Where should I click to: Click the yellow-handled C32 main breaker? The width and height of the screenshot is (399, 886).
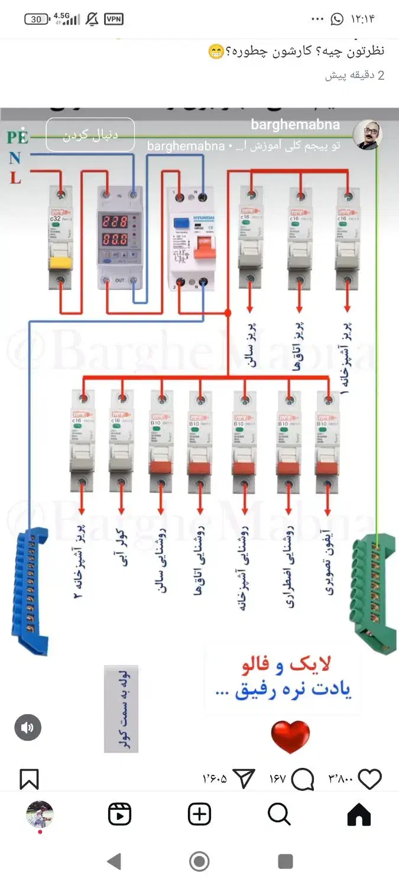click(x=60, y=239)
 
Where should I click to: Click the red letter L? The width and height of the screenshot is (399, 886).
click(x=15, y=177)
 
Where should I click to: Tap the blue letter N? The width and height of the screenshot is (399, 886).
click(x=15, y=158)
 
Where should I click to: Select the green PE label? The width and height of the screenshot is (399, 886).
click(x=17, y=137)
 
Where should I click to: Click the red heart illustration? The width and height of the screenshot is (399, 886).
click(x=290, y=737)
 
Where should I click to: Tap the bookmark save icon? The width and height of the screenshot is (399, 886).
click(x=29, y=779)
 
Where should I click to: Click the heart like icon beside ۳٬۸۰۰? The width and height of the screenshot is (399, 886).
click(x=370, y=779)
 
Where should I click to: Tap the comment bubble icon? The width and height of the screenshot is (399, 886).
click(x=303, y=779)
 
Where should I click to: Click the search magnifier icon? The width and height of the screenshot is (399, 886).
click(x=279, y=815)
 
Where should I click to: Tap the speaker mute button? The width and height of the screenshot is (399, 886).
click(x=28, y=728)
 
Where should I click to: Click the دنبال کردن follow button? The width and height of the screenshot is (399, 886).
click(x=90, y=135)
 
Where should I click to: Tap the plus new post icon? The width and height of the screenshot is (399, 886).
click(x=199, y=815)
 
